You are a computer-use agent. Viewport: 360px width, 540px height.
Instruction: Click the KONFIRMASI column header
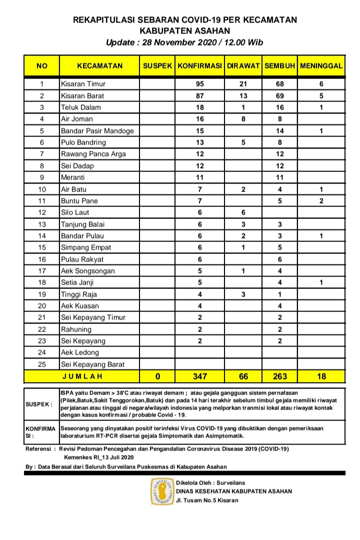tap(199, 66)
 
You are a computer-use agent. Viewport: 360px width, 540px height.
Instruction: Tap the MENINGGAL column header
tap(321, 66)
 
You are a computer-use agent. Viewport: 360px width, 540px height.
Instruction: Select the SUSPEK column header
tap(157, 66)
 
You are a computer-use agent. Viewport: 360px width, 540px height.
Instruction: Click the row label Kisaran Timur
tap(83, 84)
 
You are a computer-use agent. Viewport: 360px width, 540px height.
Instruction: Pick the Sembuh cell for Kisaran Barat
tap(279, 95)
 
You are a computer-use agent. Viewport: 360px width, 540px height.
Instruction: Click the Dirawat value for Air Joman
tap(243, 119)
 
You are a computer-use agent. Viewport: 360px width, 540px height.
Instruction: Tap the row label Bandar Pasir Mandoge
tap(97, 131)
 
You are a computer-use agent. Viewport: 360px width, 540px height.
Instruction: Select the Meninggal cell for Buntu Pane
tap(321, 201)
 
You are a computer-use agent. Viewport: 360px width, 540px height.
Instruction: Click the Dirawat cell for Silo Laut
tap(243, 212)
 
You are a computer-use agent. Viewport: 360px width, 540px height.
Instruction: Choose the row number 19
tap(42, 294)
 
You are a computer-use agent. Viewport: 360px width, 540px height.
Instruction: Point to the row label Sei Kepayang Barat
tap(92, 364)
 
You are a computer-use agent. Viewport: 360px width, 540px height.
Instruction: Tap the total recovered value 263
tap(279, 376)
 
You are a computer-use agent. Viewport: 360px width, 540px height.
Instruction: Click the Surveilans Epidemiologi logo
tap(162, 491)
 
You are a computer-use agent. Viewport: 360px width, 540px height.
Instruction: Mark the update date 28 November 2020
tap(170, 42)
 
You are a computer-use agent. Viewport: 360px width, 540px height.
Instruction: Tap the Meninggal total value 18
tap(321, 376)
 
